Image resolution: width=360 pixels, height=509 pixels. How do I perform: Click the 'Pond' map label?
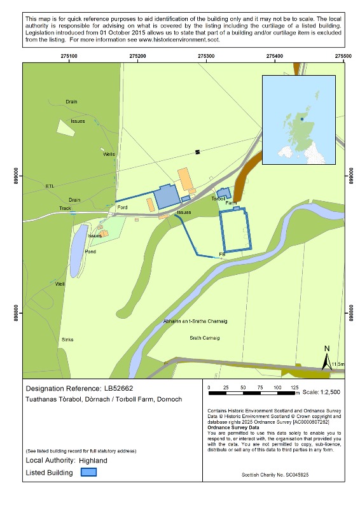point(90,251)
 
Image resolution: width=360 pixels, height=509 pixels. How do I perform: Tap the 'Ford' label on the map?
point(123,207)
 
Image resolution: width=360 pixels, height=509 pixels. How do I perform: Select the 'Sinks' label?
point(67,340)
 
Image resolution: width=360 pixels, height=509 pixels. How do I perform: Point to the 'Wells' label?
point(109,154)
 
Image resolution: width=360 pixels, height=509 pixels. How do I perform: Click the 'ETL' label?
point(51,186)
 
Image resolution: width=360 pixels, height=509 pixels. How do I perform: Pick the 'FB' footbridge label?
point(222,254)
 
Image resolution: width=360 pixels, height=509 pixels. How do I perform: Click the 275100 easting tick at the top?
point(69,57)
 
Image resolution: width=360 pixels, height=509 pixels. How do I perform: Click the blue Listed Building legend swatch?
point(89,473)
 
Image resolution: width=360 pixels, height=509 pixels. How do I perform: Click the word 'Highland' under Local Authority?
point(93,459)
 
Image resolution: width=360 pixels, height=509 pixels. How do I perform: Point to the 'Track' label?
point(66,208)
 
